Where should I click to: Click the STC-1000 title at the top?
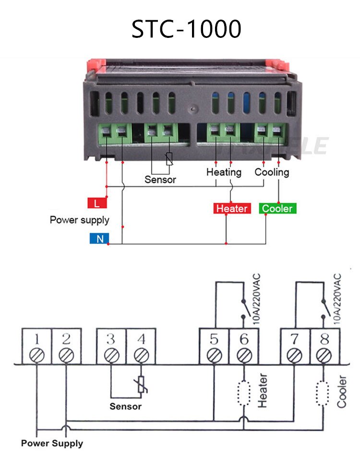186,29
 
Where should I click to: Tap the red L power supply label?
97,203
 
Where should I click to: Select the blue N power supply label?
99,238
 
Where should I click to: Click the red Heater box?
232,209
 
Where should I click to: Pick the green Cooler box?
277,209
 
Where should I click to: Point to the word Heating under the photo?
224,172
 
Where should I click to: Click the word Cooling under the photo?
272,172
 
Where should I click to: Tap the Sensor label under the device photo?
160,180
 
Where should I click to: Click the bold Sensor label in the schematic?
126,406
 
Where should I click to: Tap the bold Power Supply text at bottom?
52,443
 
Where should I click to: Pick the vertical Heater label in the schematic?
263,391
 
